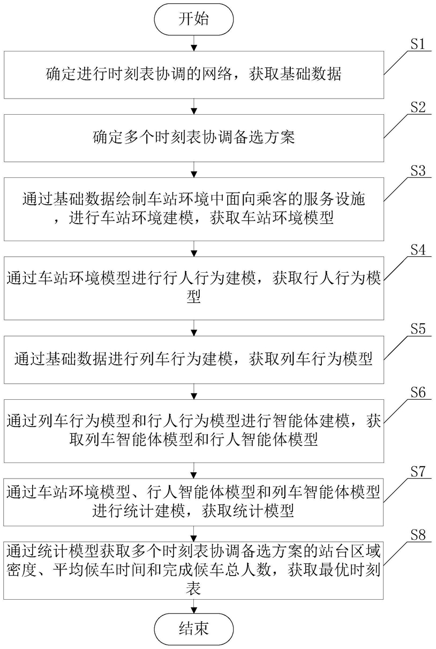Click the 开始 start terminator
194,19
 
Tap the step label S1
418,44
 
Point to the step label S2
418,107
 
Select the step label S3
418,170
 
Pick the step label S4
418,250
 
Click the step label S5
418,329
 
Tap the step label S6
418,392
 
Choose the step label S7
418,472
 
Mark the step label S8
418,534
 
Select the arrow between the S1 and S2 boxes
194,106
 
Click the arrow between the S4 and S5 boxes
194,328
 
